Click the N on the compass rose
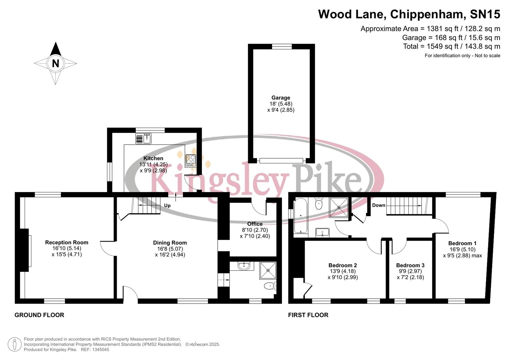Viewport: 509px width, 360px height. [x=55, y=63]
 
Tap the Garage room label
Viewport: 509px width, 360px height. [x=281, y=98]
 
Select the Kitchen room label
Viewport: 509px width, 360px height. [x=153, y=158]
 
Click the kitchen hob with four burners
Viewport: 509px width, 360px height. [x=191, y=160]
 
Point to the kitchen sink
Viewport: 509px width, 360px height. [x=143, y=138]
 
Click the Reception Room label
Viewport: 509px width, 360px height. [x=67, y=242]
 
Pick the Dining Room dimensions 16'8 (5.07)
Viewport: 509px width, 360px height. [x=170, y=249]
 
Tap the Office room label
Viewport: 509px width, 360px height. [x=255, y=224]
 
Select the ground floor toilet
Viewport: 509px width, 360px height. [x=269, y=286]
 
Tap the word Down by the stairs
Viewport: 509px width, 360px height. [x=379, y=205]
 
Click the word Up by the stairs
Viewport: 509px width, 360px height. [x=167, y=205]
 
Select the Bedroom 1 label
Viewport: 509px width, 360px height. [x=462, y=243]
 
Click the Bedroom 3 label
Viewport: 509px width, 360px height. [x=410, y=265]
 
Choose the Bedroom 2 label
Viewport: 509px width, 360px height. [x=343, y=265]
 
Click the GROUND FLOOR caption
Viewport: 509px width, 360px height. [x=39, y=315]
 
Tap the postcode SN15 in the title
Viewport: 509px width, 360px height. [x=485, y=14]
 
